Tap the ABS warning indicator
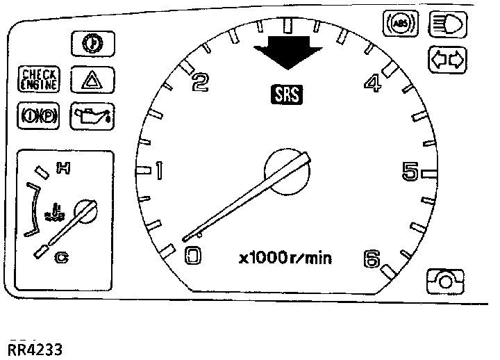[x=401, y=25]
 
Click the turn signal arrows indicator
[x=447, y=60]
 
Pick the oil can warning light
[x=93, y=113]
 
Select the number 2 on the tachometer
[x=200, y=83]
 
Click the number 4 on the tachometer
[x=373, y=83]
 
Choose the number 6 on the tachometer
[x=372, y=259]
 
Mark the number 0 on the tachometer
[x=192, y=257]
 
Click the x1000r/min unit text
[x=285, y=259]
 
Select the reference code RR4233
[x=35, y=347]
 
